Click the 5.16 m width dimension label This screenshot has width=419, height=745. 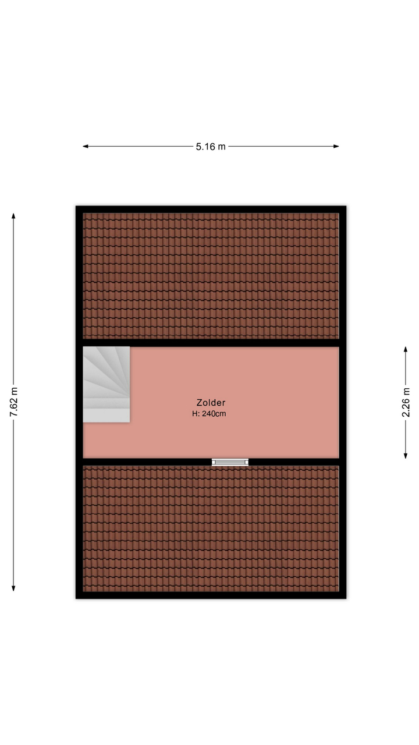pyautogui.click(x=211, y=147)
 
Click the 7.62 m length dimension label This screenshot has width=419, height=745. pyautogui.click(x=13, y=402)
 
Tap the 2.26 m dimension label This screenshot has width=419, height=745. pyautogui.click(x=406, y=402)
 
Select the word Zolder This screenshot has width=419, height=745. pyautogui.click(x=211, y=403)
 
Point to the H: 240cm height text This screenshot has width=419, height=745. pyautogui.click(x=209, y=414)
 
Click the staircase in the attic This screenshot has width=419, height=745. pyautogui.click(x=106, y=385)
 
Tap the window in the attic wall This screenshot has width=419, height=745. pyautogui.click(x=230, y=462)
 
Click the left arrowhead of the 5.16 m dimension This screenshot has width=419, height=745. pyautogui.click(x=85, y=146)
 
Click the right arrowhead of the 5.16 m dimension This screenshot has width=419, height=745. pyautogui.click(x=336, y=146)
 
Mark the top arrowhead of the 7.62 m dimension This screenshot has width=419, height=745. pyautogui.click(x=13, y=216)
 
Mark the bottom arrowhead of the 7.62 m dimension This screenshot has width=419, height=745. pyautogui.click(x=13, y=588)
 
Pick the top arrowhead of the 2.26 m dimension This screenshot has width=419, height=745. pyautogui.click(x=406, y=349)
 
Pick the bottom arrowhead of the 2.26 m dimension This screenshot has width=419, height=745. pyautogui.click(x=406, y=456)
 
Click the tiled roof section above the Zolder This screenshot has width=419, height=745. pyautogui.click(x=211, y=276)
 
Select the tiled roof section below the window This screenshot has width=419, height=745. pyautogui.click(x=211, y=528)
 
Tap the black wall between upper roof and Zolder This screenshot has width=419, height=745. pyautogui.click(x=211, y=343)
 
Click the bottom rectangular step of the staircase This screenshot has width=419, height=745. pyautogui.click(x=106, y=416)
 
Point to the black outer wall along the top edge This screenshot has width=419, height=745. pyautogui.click(x=211, y=210)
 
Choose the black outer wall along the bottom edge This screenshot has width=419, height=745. pyautogui.click(x=211, y=595)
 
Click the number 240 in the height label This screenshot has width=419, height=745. pyautogui.click(x=208, y=414)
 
